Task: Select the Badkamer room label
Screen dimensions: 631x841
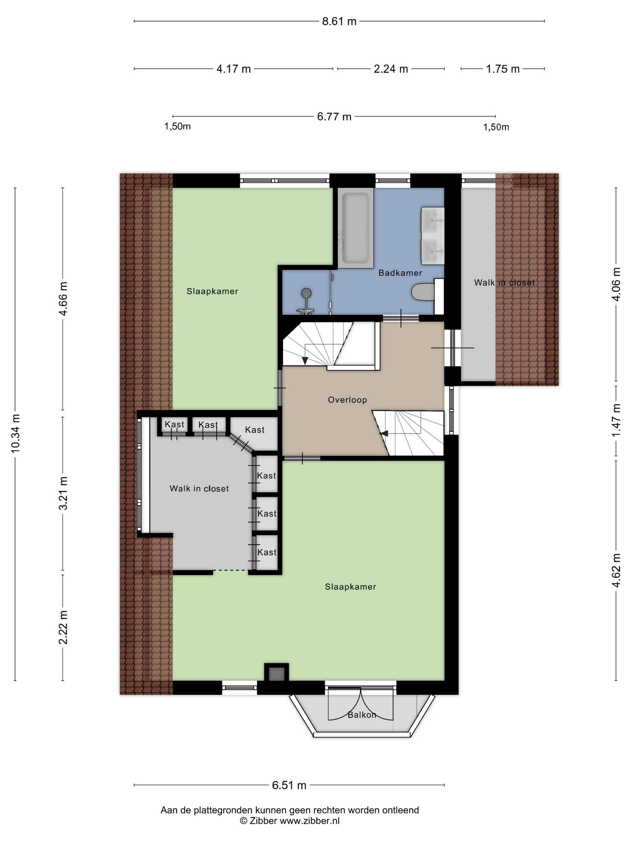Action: point(400,273)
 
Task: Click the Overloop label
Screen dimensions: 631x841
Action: point(347,400)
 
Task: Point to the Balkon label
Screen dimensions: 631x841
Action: point(362,715)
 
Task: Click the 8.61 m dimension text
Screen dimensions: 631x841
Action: point(339,21)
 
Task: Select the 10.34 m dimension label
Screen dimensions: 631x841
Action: point(16,434)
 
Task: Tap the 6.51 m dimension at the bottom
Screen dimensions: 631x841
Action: point(289,785)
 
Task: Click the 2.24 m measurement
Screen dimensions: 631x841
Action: point(391,69)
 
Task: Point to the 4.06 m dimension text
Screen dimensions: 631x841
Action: point(616,284)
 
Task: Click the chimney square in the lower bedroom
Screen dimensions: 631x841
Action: point(276,674)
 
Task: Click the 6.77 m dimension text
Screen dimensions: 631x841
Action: point(334,117)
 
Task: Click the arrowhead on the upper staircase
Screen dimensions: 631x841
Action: point(305,361)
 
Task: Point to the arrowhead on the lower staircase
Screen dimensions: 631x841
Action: point(384,433)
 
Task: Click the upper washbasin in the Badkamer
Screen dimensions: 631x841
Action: point(432,220)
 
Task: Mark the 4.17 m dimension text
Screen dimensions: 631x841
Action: point(233,69)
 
